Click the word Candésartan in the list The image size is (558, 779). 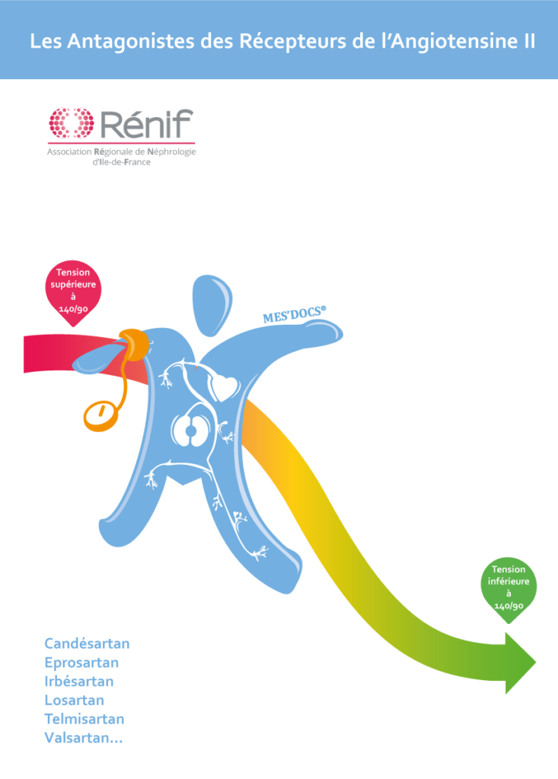[87, 644]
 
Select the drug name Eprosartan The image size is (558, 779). [81, 663]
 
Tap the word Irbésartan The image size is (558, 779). [79, 682]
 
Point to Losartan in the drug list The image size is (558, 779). [75, 700]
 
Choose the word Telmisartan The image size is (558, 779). [84, 719]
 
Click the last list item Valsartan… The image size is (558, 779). [83, 738]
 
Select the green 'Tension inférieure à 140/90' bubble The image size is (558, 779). [509, 587]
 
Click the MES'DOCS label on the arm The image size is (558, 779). [295, 315]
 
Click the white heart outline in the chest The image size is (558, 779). [226, 387]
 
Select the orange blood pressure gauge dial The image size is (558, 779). [100, 415]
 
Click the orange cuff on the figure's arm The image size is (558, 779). [135, 344]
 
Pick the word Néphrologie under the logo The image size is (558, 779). [168, 152]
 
